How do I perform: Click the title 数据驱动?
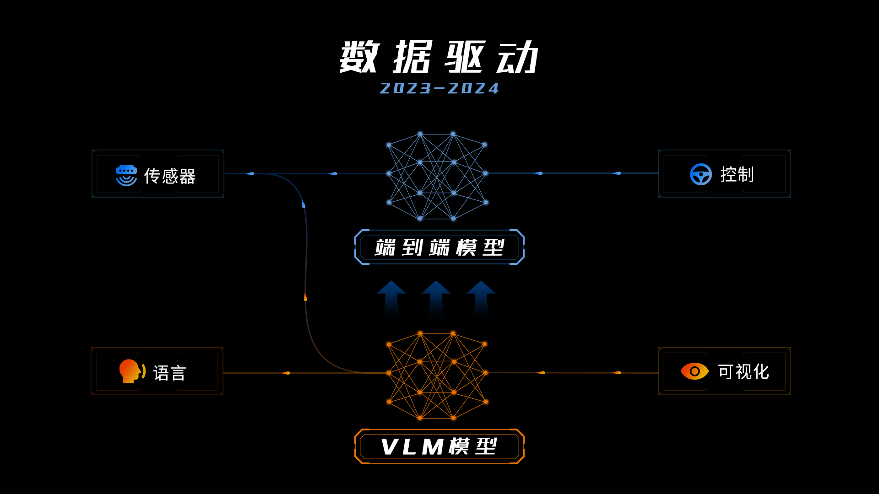tap(439, 57)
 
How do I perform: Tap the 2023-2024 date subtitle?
tap(439, 88)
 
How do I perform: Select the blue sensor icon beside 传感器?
tap(126, 175)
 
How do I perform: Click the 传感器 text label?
tap(170, 176)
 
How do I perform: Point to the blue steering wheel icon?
tap(700, 174)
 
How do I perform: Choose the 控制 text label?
tap(737, 174)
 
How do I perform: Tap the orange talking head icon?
tap(132, 371)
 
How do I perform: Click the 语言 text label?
tap(169, 373)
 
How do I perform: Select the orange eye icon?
tap(695, 371)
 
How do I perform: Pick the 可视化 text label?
tap(743, 372)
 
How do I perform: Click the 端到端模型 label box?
tap(439, 247)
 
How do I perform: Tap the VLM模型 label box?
tap(439, 446)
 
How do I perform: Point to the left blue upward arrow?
tap(391, 297)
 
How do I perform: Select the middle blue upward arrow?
tap(436, 297)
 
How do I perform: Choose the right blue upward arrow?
tap(481, 297)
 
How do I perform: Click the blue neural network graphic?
tap(437, 176)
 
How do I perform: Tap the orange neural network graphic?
tap(437, 376)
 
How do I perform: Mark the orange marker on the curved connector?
tap(305, 297)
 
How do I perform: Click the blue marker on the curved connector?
tap(304, 204)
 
